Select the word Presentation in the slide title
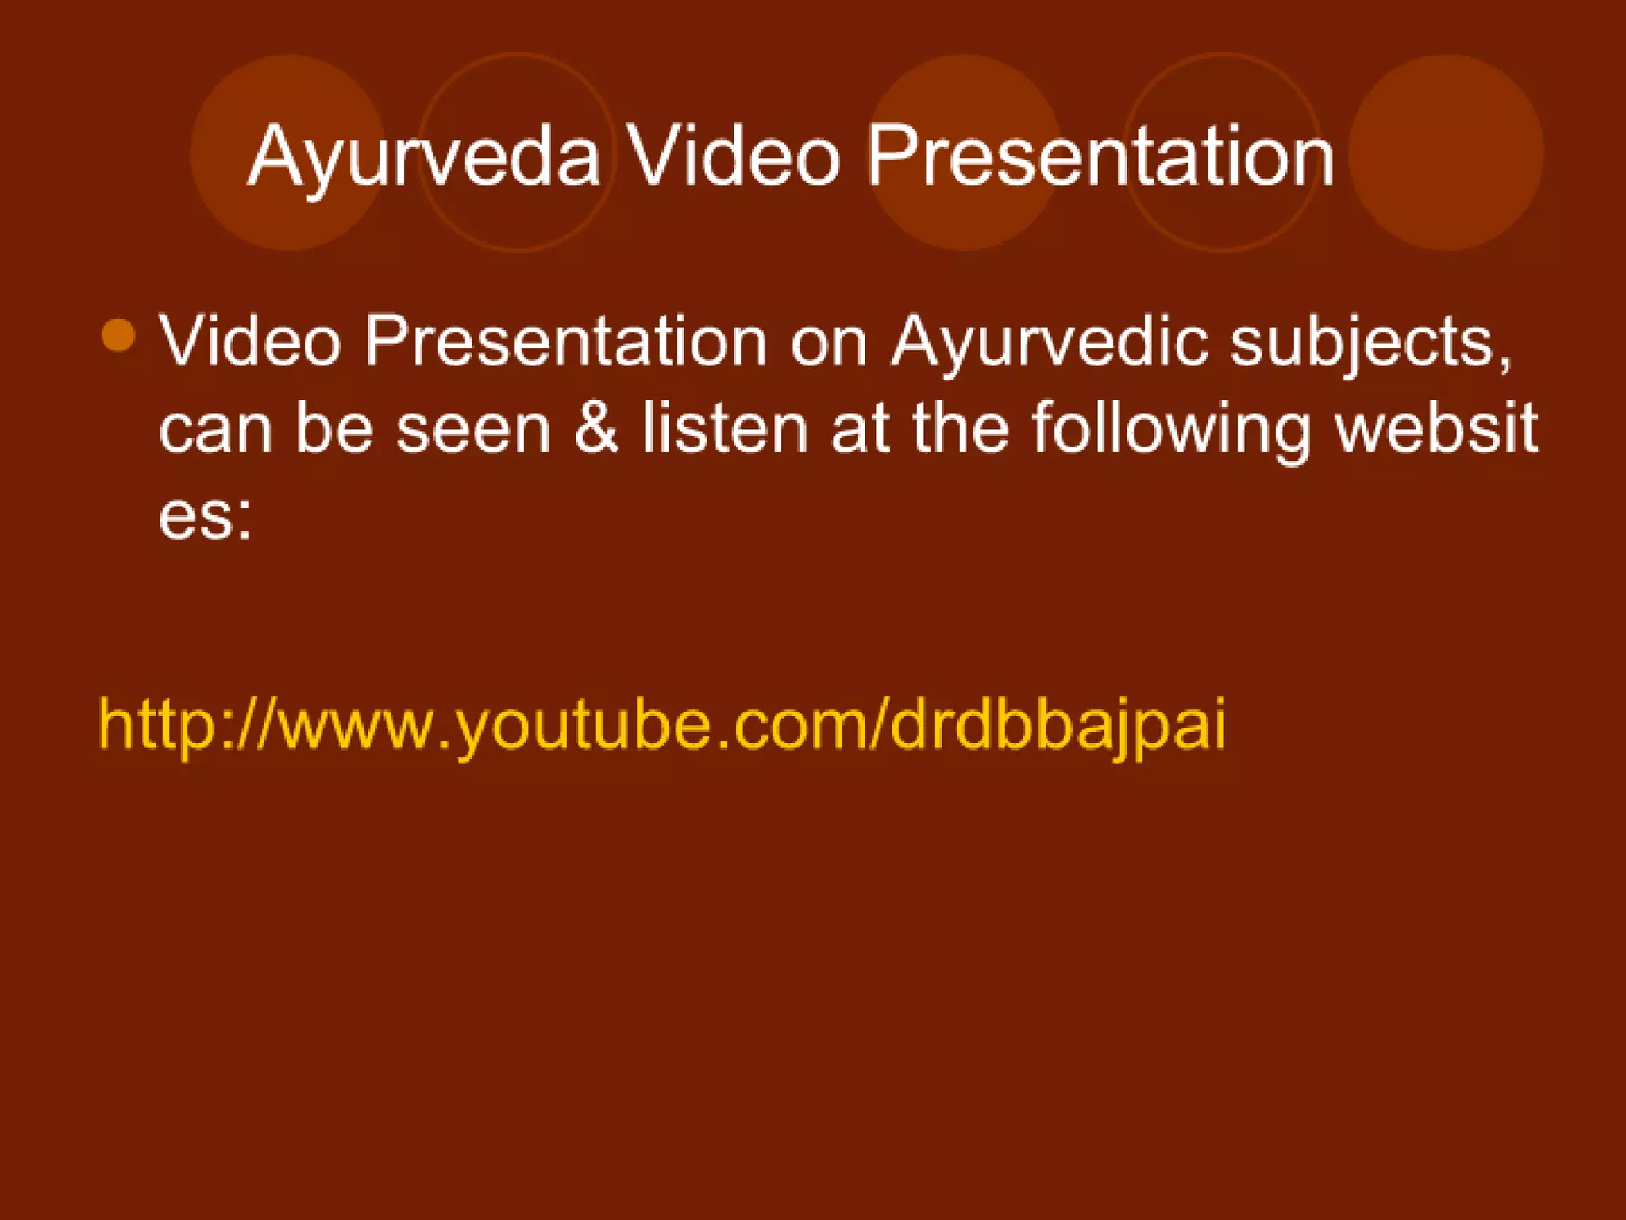1100,157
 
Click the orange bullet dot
119,335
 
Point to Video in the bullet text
250,342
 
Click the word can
214,430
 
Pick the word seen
473,430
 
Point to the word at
860,429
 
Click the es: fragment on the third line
205,516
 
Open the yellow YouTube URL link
662,724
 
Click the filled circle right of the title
1446,152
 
